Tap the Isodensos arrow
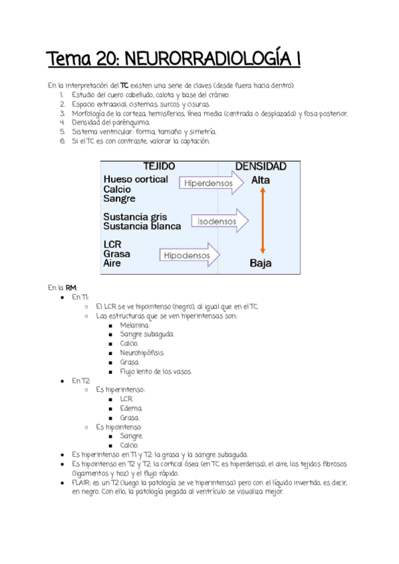click(x=219, y=219)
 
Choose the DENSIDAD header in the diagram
click(x=261, y=166)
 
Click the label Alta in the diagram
click(x=261, y=180)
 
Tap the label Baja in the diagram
click(x=261, y=263)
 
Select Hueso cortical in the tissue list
click(x=136, y=180)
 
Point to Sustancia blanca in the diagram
click(x=142, y=226)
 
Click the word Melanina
click(x=135, y=325)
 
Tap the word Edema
click(x=131, y=408)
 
